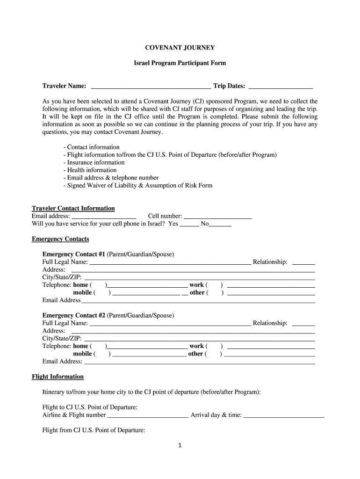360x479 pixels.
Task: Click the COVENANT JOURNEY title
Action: pyautogui.click(x=180, y=47)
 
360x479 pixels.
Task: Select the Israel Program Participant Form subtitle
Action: pyautogui.click(x=180, y=62)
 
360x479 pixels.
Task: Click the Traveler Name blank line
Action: pyautogui.click(x=151, y=87)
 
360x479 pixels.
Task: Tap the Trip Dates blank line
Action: pyautogui.click(x=281, y=87)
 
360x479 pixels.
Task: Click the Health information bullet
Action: pyautogui.click(x=90, y=170)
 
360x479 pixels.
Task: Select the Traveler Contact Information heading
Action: pyautogui.click(x=73, y=208)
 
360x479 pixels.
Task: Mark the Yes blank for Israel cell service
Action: pyautogui.click(x=189, y=225)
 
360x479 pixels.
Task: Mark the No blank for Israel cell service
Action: pyautogui.click(x=220, y=225)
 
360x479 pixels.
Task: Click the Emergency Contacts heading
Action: pyautogui.click(x=60, y=239)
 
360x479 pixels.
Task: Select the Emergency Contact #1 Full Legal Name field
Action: pyautogui.click(x=170, y=263)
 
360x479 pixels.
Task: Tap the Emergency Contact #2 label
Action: pyautogui.click(x=74, y=315)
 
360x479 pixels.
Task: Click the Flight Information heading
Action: pyautogui.click(x=58, y=377)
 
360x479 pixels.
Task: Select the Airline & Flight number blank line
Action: pyautogui.click(x=148, y=415)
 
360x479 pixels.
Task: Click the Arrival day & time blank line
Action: pyautogui.click(x=283, y=415)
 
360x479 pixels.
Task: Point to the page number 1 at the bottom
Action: pyautogui.click(x=179, y=445)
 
